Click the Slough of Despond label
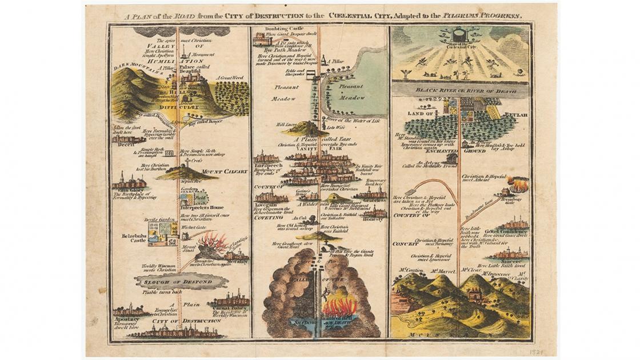click(x=181, y=281)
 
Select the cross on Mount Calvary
click(x=187, y=162)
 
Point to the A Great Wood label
click(x=230, y=78)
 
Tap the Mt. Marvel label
click(x=442, y=270)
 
